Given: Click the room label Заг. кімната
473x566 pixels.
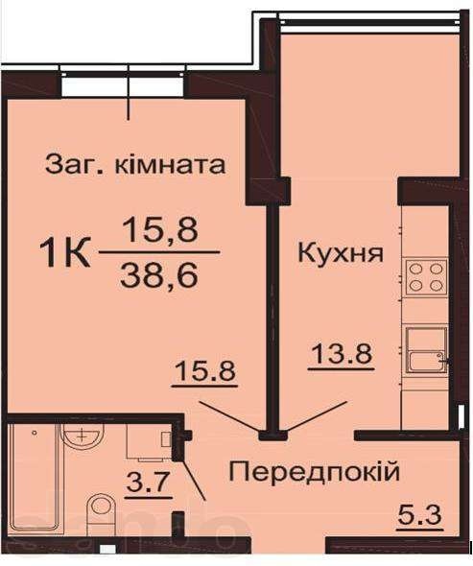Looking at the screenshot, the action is (x=135, y=165).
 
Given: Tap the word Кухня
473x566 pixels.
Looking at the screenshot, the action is (x=340, y=252).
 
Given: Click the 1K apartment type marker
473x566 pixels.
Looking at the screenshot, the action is (x=65, y=253).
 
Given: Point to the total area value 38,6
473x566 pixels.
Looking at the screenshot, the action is (x=159, y=276).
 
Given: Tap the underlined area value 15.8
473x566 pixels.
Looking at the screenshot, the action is (x=204, y=372).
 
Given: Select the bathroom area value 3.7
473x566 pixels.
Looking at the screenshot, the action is (x=148, y=483).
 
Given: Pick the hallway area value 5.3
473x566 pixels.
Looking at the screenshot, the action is (x=419, y=514).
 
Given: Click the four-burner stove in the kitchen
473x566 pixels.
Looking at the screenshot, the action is (x=425, y=277).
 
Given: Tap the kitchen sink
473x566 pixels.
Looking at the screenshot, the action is (x=426, y=349).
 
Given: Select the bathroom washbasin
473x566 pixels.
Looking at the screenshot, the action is (x=83, y=436).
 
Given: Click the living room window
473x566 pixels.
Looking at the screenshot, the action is (x=123, y=83).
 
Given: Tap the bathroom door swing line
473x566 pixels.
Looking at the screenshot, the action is (x=193, y=479).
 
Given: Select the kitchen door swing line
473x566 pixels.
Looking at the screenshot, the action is (x=317, y=416).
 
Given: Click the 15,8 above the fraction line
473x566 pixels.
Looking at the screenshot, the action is (x=159, y=230).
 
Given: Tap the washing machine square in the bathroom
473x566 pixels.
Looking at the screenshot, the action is (x=149, y=442).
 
